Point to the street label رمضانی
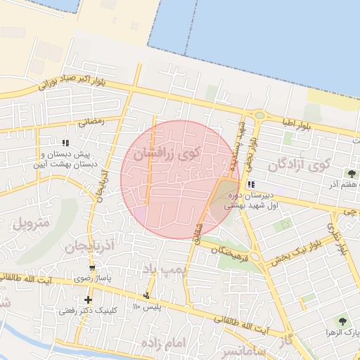[91, 121]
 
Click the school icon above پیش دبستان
[65, 143]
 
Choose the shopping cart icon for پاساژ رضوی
[93, 268]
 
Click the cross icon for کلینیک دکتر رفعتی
[88, 300]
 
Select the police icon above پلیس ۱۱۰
[146, 295]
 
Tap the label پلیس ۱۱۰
[147, 307]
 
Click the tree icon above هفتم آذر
[351, 173]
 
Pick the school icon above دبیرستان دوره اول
[250, 184]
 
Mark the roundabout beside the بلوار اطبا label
[259, 115]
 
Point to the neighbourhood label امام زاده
[162, 342]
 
